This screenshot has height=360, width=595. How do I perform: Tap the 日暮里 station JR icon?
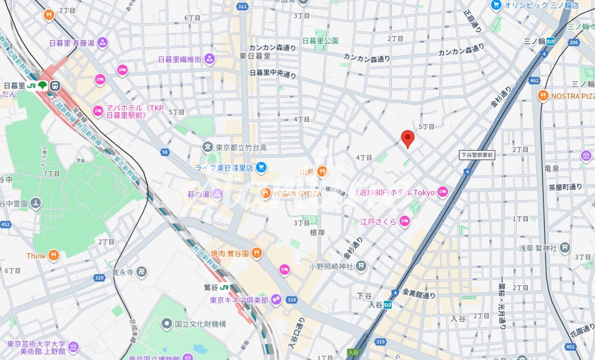tap(32, 86)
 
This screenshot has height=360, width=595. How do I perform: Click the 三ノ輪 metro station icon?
tap(551, 41)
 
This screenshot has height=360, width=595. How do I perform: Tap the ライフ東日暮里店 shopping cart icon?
tap(261, 168)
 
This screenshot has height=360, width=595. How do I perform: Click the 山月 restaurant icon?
tap(322, 172)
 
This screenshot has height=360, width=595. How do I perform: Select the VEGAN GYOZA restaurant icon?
tap(266, 193)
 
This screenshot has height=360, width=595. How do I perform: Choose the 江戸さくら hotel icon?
tap(405, 222)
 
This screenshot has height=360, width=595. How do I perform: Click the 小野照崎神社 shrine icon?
tap(361, 266)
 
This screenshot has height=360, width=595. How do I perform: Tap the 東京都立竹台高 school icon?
tap(208, 147)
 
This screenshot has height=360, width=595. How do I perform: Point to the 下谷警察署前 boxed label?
tap(477, 155)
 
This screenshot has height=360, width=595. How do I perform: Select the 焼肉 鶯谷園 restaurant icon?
tap(256, 253)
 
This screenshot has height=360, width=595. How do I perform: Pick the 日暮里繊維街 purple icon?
tap(209, 59)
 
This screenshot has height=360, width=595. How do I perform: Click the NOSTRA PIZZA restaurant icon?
tap(542, 96)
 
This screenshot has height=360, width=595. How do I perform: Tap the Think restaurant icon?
tap(54, 256)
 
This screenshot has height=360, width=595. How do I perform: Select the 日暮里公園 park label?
tap(320, 41)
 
